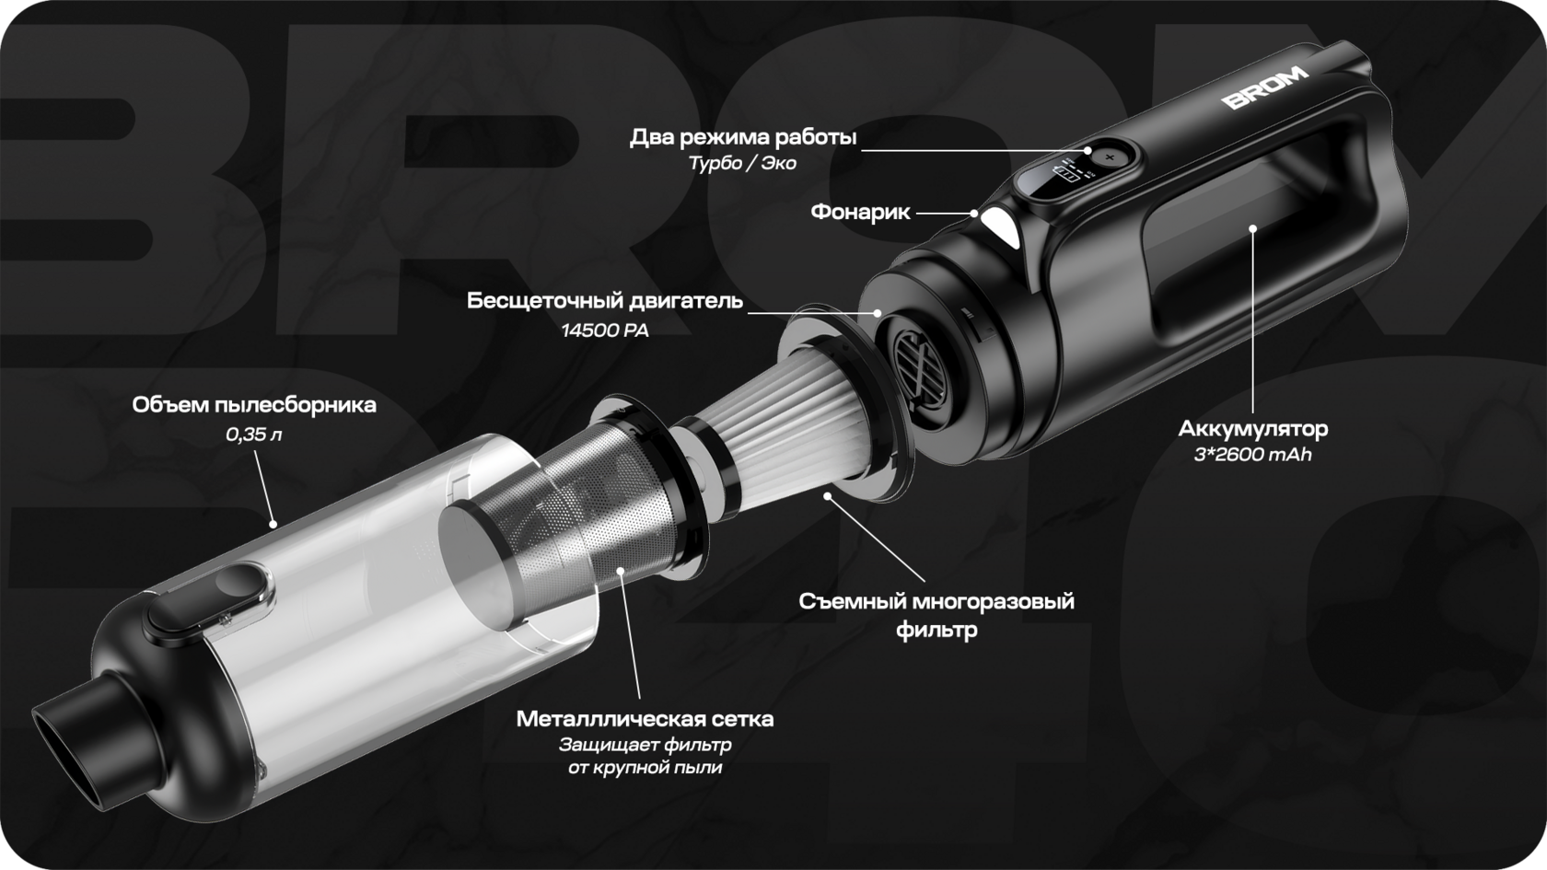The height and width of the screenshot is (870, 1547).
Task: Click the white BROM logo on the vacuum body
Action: (x=1265, y=87)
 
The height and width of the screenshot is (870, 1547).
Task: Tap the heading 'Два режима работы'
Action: (x=743, y=137)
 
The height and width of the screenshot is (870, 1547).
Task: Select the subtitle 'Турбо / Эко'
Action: (x=743, y=164)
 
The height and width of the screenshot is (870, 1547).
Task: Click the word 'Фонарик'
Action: (x=860, y=212)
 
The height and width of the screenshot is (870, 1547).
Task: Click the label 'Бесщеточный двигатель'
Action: (x=605, y=301)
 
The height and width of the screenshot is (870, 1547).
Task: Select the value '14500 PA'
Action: (x=605, y=330)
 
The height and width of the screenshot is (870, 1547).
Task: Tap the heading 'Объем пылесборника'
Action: (x=254, y=405)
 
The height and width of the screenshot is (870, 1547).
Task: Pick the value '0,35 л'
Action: (x=254, y=435)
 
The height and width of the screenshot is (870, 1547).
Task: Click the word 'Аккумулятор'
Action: (x=1252, y=429)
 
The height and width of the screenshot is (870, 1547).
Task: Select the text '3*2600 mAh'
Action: (x=1252, y=455)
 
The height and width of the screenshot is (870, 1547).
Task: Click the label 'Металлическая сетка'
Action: (x=645, y=719)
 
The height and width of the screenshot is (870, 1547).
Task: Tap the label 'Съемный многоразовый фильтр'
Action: (x=936, y=615)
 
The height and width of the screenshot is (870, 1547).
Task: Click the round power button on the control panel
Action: (x=1110, y=157)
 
